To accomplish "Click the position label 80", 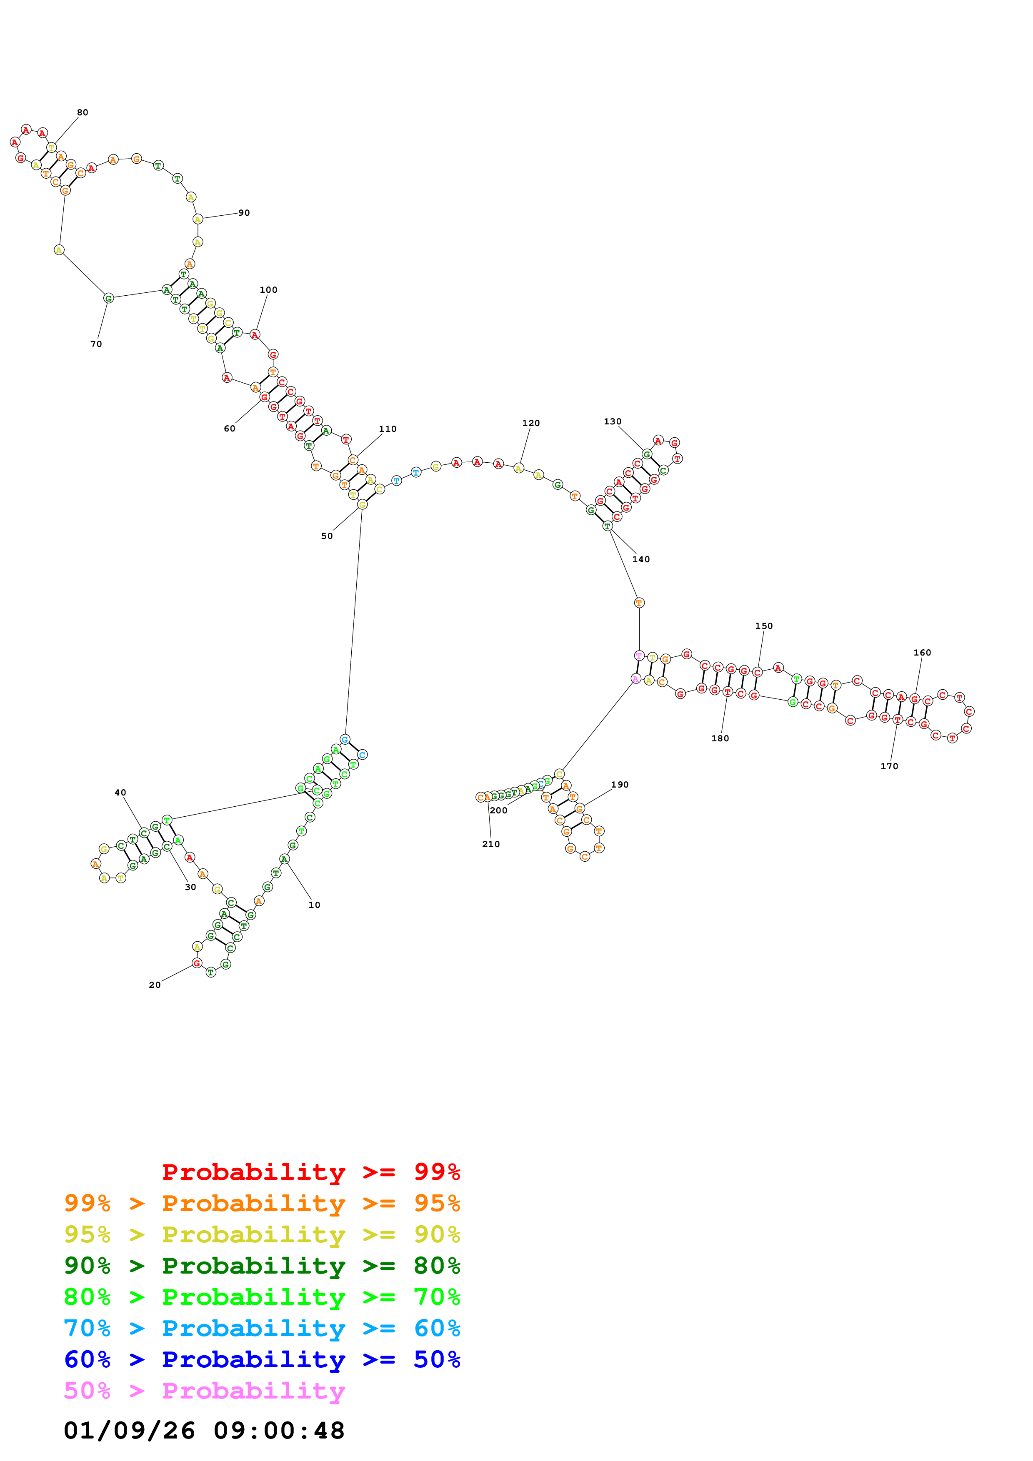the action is [x=82, y=112].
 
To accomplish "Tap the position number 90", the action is [x=244, y=213].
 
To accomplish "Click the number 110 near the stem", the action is [x=387, y=429].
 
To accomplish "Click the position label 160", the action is [x=922, y=653].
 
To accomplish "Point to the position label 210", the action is [x=491, y=844].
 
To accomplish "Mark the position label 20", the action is [x=155, y=985].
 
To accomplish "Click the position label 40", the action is [x=120, y=793].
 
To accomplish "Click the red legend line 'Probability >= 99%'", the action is [x=310, y=1172].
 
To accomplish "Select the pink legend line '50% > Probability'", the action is [x=204, y=1391].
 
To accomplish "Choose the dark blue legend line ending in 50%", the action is [x=262, y=1360].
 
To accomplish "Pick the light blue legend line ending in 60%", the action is [x=262, y=1329].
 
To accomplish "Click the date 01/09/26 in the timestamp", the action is [x=129, y=1431].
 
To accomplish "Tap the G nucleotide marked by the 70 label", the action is [x=108, y=299].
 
